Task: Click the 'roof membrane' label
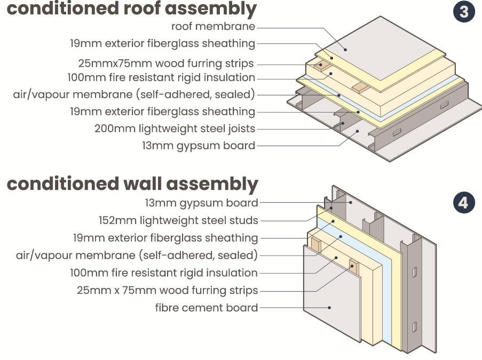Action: pos(213,26)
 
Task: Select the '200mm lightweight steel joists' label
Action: pos(175,129)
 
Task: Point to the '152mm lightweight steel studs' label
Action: pos(178,220)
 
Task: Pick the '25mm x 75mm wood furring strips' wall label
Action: pos(167,290)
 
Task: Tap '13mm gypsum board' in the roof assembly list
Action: pos(198,146)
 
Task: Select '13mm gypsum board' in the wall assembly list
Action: pos(201,203)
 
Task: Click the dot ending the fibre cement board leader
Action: pos(330,307)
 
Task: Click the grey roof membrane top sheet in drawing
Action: pos(374,48)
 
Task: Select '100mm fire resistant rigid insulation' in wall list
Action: pos(163,273)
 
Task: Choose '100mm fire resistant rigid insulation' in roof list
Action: pos(161,77)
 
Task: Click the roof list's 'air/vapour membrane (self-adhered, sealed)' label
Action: pos(133,94)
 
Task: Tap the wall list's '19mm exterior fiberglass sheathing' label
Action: pos(165,237)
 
